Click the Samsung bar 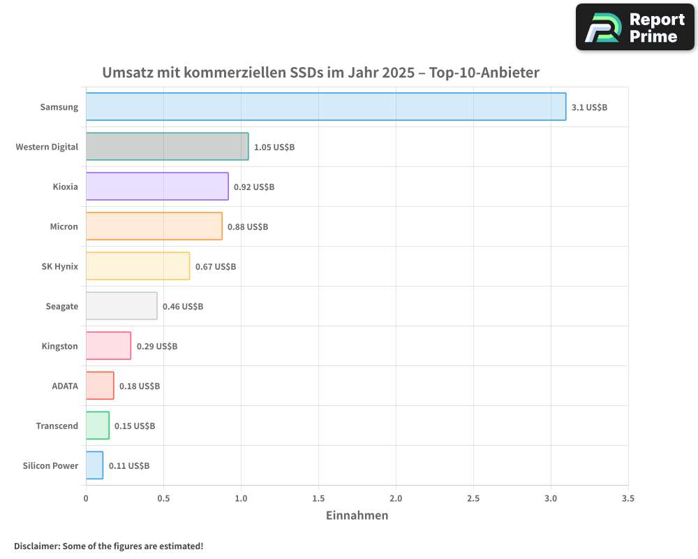tap(326, 107)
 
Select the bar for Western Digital tap(168, 147)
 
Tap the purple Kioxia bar tap(157, 187)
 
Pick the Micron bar tap(154, 226)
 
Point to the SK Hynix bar tap(138, 266)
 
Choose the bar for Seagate tap(121, 306)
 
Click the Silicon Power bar tap(94, 465)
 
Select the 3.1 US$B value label tap(589, 108)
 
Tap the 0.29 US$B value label tap(157, 347)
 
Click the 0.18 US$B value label tap(140, 386)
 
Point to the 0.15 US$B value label tap(135, 426)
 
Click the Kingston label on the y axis tap(60, 347)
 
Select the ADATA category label tap(65, 386)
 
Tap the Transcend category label tap(57, 426)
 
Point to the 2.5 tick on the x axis tap(473, 499)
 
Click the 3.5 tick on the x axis tap(628, 499)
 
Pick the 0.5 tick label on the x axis tap(163, 499)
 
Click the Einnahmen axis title tap(357, 516)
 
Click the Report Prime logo tap(635, 27)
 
